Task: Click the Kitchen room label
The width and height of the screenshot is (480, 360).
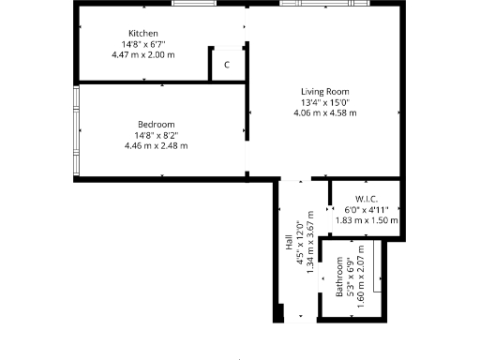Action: pos(143,34)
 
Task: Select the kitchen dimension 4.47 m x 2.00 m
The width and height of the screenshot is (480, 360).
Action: pos(143,54)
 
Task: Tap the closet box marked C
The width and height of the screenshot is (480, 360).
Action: pos(227,65)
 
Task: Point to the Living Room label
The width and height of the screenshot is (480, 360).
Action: pos(325,91)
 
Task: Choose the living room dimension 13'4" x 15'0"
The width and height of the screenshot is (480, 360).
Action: pos(325,102)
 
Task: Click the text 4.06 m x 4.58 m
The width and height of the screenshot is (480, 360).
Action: pos(325,112)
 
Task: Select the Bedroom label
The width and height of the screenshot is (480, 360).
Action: pos(156,124)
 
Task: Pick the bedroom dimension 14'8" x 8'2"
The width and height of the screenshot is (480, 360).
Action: pos(156,135)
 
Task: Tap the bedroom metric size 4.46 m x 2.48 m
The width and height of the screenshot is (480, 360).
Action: pos(156,145)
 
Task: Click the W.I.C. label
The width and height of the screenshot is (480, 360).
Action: pos(366,199)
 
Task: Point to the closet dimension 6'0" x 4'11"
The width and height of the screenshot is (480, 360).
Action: pos(366,209)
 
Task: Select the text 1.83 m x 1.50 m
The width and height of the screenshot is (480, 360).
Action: pos(366,220)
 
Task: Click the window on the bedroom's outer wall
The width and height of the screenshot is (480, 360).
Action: pos(76,130)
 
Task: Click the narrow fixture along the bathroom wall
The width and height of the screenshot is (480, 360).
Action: pos(376,264)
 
